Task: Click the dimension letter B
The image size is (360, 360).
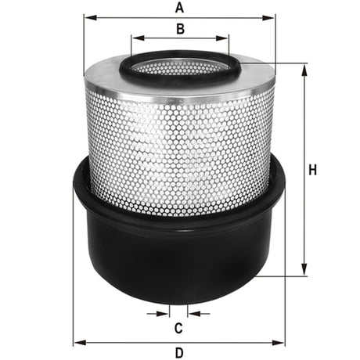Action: (x=179, y=30)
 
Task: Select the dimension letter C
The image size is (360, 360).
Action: (x=178, y=326)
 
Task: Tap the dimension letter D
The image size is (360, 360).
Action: (x=178, y=352)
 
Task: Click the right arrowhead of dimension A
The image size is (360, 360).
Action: (x=273, y=16)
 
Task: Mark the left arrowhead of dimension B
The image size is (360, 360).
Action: (x=135, y=37)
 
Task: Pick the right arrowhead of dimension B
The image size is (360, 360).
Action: (x=225, y=37)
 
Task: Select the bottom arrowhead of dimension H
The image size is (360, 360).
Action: (x=303, y=273)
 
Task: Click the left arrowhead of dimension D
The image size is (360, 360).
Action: (x=76, y=343)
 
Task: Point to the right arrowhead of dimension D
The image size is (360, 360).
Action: (x=283, y=343)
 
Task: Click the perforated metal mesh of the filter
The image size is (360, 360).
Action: (x=178, y=141)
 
